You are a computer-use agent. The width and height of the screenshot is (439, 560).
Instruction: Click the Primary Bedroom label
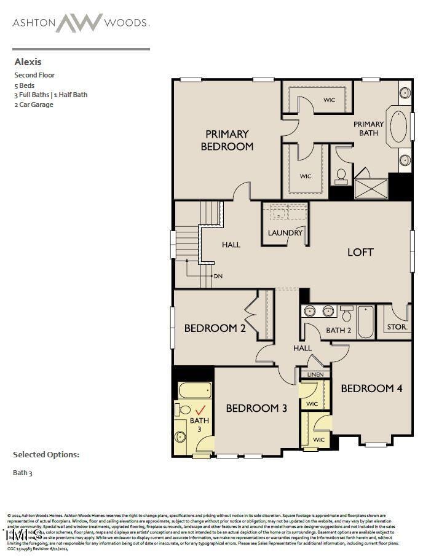pyautogui.click(x=227, y=140)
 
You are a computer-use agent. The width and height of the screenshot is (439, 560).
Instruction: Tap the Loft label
pyautogui.click(x=360, y=252)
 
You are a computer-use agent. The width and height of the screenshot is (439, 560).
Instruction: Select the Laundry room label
pyautogui.click(x=285, y=233)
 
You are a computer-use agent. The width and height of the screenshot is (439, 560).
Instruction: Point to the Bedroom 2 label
pyautogui.click(x=215, y=328)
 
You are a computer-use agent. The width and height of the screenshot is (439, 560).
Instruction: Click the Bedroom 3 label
pyautogui.click(x=256, y=408)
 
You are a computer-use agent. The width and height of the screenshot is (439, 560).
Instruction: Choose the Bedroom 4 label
pyautogui.click(x=371, y=388)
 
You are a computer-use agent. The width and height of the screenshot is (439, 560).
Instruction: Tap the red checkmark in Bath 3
pyautogui.click(x=200, y=409)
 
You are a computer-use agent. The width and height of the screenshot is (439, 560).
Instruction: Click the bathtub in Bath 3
pyautogui.click(x=195, y=390)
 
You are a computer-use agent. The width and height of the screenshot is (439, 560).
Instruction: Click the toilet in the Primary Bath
pyautogui.click(x=341, y=176)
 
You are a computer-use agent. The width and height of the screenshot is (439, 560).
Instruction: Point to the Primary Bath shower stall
pyautogui.click(x=371, y=188)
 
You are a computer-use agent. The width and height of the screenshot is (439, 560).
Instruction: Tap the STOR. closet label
pyautogui.click(x=397, y=327)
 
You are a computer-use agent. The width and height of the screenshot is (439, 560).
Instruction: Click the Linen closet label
pyautogui.click(x=315, y=374)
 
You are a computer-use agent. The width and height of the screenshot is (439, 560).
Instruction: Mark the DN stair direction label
pyautogui.click(x=218, y=276)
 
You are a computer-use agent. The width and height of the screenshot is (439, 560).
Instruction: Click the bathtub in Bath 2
pyautogui.click(x=366, y=321)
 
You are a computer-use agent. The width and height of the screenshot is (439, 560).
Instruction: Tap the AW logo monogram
pyautogui.click(x=79, y=23)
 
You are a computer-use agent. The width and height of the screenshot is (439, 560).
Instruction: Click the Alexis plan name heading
pyautogui.click(x=28, y=62)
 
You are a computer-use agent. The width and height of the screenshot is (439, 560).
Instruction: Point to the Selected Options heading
pyautogui.click(x=46, y=455)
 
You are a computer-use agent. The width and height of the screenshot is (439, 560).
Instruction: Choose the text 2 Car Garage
pyautogui.click(x=34, y=105)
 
